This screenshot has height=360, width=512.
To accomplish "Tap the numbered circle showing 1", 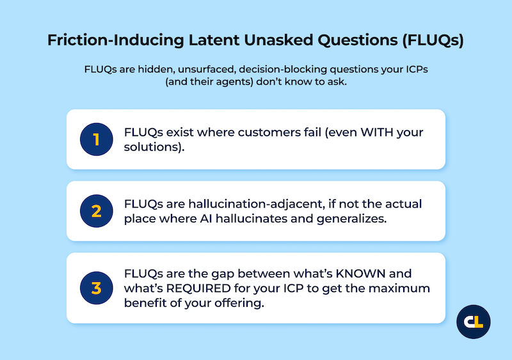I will click(97, 139).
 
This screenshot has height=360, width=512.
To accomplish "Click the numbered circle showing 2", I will click(97, 211).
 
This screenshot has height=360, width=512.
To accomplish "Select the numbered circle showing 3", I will click(97, 288).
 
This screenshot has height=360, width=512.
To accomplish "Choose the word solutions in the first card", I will click(152, 147).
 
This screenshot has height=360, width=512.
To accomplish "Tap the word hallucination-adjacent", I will click(250, 204).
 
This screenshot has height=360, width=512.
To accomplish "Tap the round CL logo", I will click(474, 322).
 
